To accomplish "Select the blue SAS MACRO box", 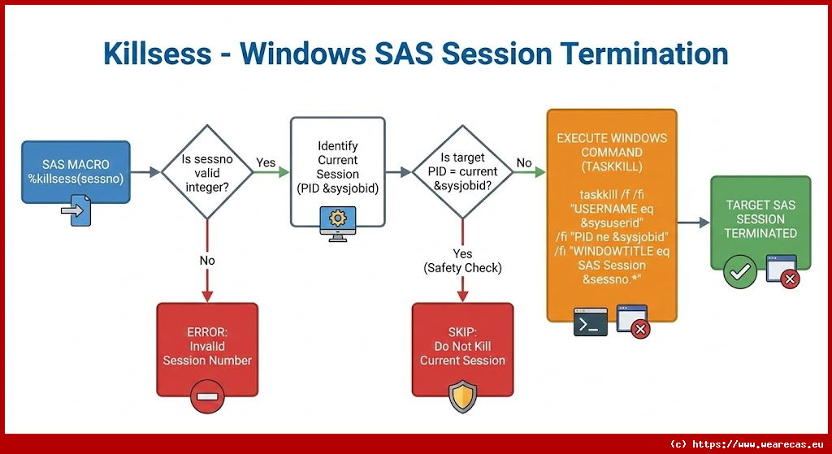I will [x=76, y=172].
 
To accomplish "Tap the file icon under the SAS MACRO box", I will [x=76, y=213].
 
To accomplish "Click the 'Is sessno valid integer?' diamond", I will [x=208, y=172].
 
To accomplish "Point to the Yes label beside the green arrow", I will [x=266, y=162].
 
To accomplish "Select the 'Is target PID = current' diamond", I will [x=462, y=172].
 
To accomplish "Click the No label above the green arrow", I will [x=524, y=162].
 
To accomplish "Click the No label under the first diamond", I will [x=207, y=261].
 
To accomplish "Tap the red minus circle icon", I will [x=207, y=397].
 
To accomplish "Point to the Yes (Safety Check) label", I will [x=462, y=261].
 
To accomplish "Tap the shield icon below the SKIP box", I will [x=462, y=397].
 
